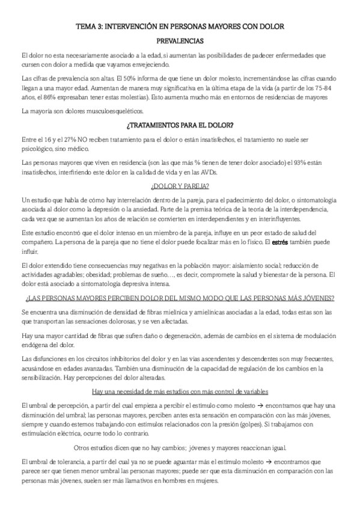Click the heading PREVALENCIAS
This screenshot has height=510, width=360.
click(180, 41)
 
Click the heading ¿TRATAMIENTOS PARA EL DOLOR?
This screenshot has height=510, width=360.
click(180, 125)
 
